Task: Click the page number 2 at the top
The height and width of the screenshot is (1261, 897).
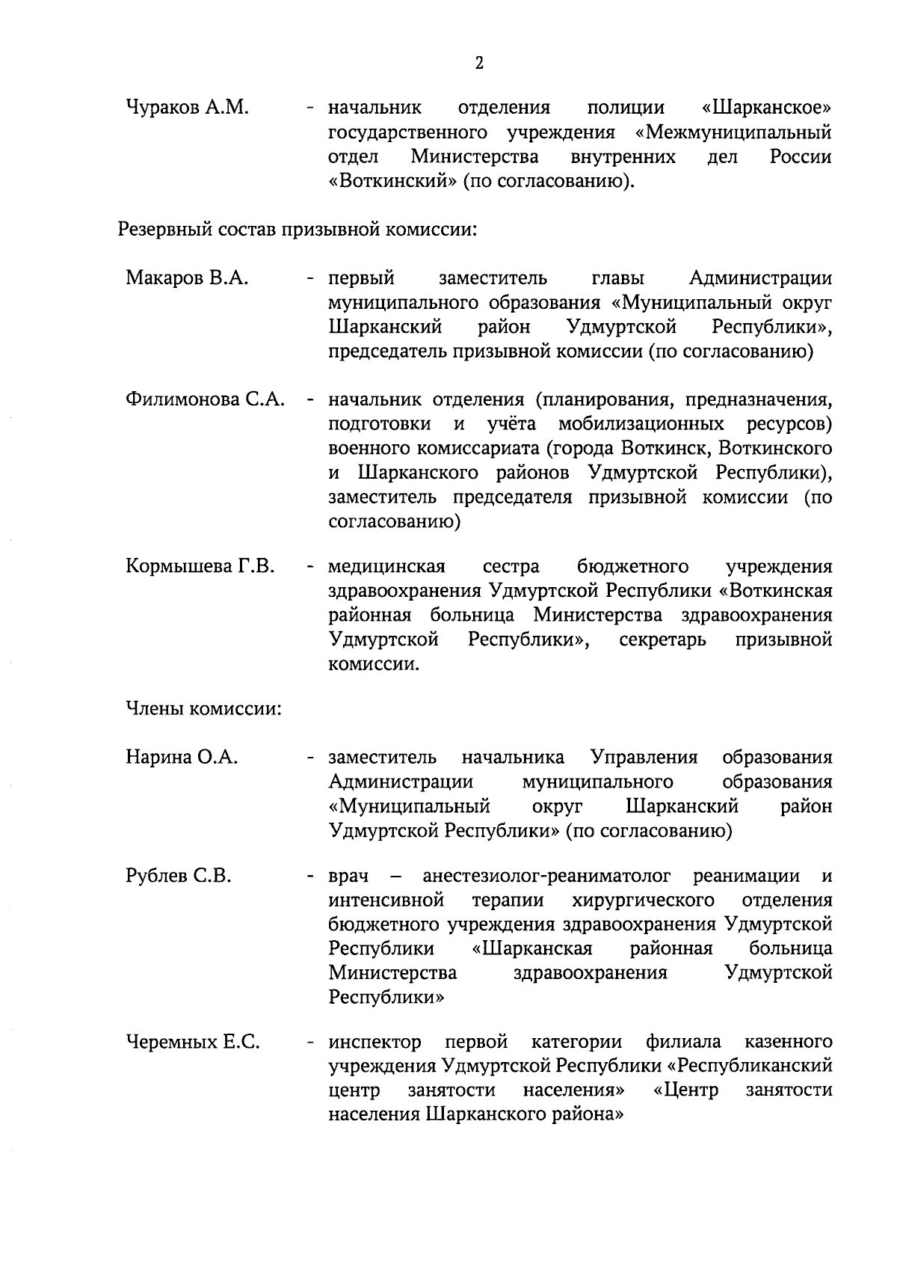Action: point(479,63)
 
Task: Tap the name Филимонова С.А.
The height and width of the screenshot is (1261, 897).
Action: point(206,399)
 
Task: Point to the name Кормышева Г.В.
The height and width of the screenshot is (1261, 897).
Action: point(200,567)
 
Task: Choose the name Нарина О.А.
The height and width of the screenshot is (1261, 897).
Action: point(182,758)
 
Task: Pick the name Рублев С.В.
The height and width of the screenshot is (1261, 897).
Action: point(179,876)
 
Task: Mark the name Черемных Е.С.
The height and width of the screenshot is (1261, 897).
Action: point(193,1042)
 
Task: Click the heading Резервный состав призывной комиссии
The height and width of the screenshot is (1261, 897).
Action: point(298,228)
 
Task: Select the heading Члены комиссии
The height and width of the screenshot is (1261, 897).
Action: point(203,708)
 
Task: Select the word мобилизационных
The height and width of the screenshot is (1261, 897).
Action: point(641,424)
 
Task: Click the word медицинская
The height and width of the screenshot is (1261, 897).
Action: point(386,567)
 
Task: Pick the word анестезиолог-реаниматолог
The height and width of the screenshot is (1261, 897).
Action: point(546,876)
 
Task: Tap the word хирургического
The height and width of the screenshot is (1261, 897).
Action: point(643,900)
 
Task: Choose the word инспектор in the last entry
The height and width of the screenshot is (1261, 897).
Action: point(374,1042)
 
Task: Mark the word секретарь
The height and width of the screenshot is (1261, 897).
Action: point(662,640)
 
